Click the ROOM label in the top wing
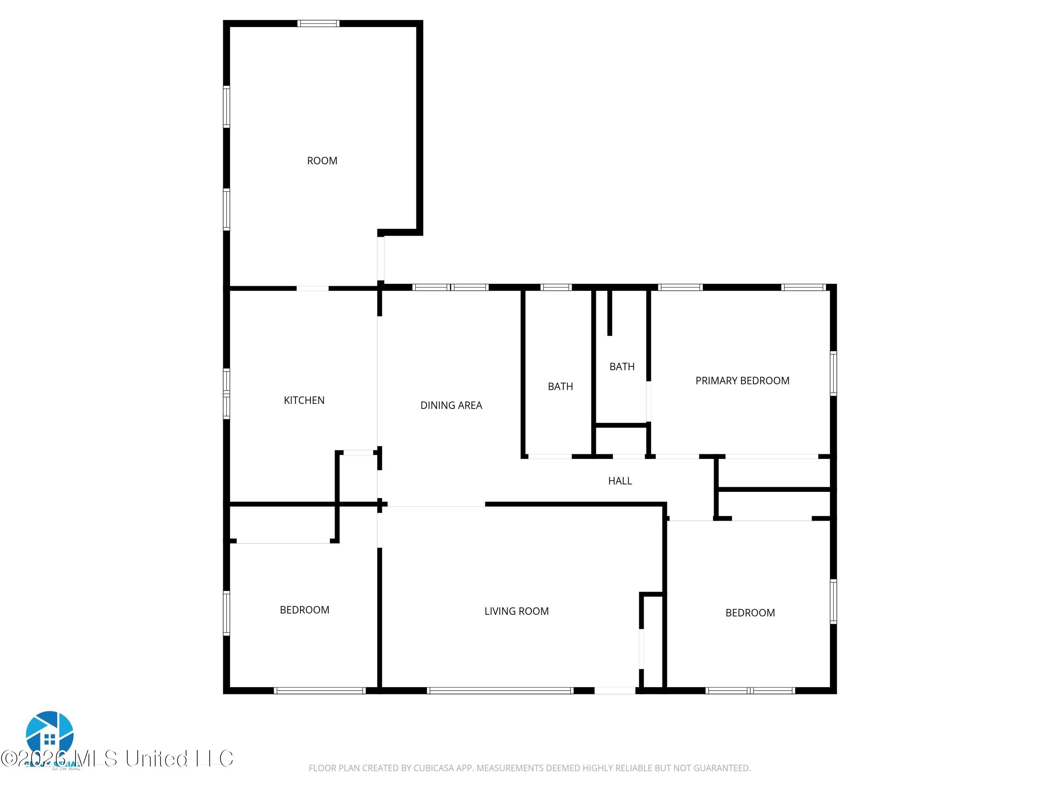pyautogui.click(x=322, y=160)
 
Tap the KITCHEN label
pyautogui.click(x=304, y=400)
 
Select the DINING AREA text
pyautogui.click(x=451, y=405)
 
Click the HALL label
pyautogui.click(x=620, y=481)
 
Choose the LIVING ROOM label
pyautogui.click(x=516, y=611)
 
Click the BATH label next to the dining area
pyautogui.click(x=560, y=386)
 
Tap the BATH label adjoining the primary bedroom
pyautogui.click(x=622, y=367)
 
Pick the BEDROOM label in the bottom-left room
pyautogui.click(x=304, y=609)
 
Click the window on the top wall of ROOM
pyautogui.click(x=318, y=23)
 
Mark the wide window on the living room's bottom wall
pyautogui.click(x=500, y=690)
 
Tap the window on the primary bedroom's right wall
pyautogui.click(x=833, y=374)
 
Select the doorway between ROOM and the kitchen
pyautogui.click(x=312, y=288)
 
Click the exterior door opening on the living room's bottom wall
pyautogui.click(x=615, y=690)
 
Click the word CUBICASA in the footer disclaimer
pyautogui.click(x=433, y=768)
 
